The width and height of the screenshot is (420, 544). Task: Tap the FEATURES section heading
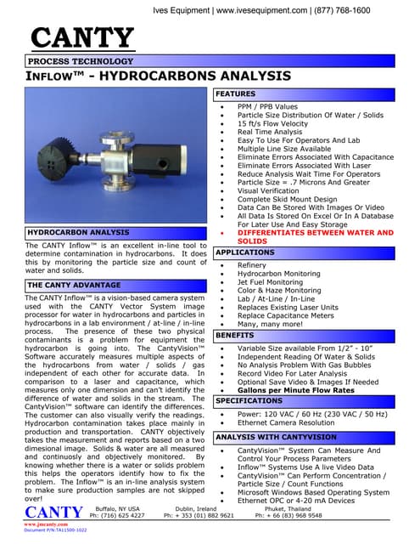[236, 93]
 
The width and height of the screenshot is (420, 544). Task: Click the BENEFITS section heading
[235, 336]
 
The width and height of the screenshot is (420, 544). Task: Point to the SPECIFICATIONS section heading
[249, 399]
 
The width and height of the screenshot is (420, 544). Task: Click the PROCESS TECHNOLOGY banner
[75, 63]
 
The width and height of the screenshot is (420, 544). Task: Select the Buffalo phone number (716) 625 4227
[117, 516]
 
